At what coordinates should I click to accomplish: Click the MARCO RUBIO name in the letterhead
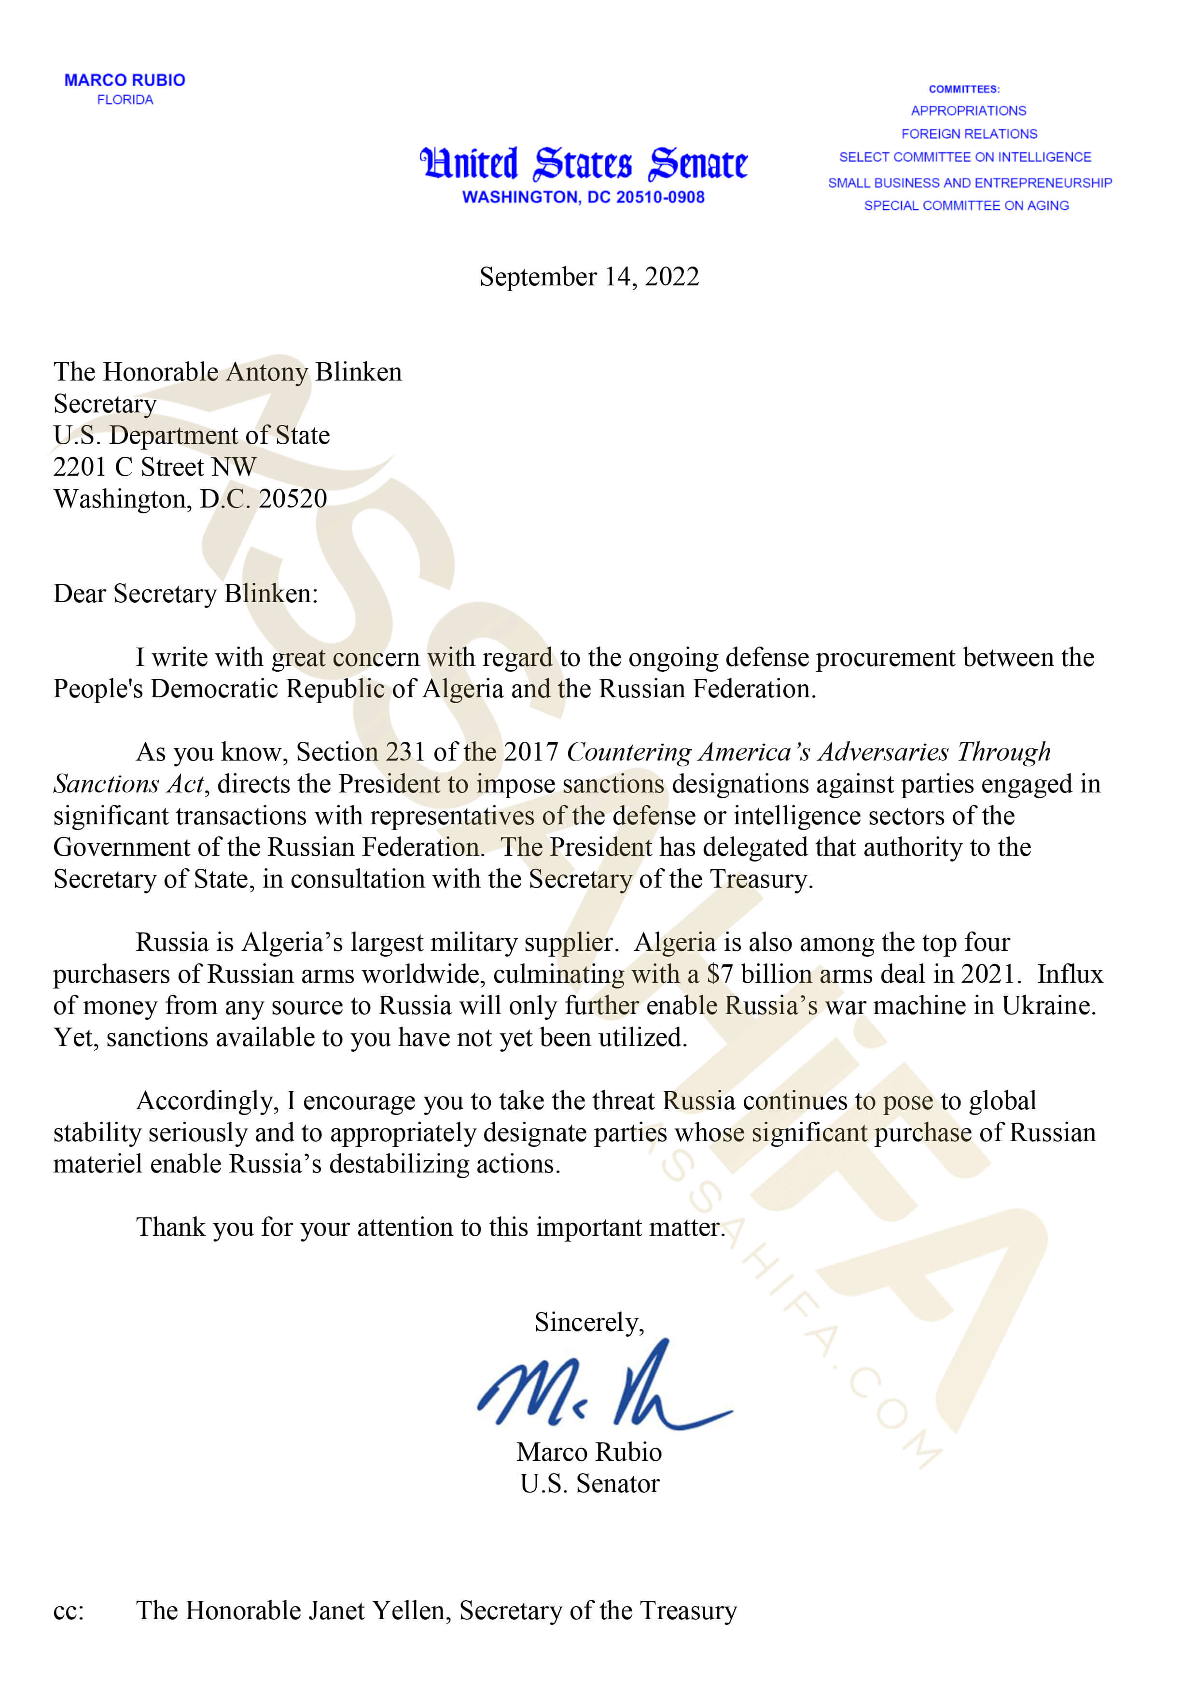point(125,80)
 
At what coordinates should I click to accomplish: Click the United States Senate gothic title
point(584,163)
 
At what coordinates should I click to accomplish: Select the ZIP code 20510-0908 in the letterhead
point(660,197)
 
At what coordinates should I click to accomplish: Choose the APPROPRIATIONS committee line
point(968,111)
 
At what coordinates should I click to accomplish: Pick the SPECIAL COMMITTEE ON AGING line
point(966,205)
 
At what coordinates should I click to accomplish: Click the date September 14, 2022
point(588,277)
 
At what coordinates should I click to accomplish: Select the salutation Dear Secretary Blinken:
point(185,593)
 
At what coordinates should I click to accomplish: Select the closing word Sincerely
point(588,1322)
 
